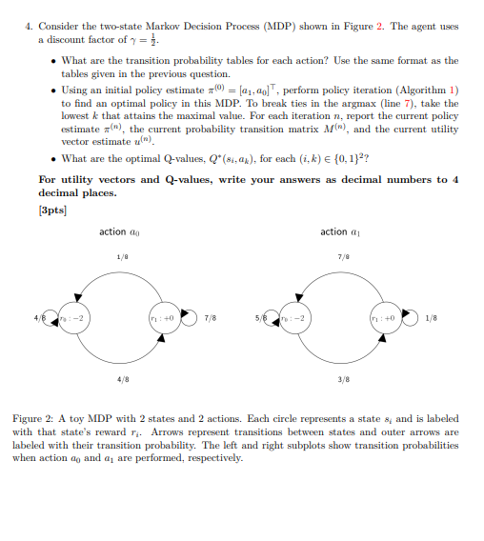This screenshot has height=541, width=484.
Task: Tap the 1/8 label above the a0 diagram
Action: [x=122, y=257]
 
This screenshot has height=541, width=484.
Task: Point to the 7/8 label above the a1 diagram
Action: [x=342, y=257]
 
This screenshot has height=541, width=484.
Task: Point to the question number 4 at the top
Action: [x=28, y=26]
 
